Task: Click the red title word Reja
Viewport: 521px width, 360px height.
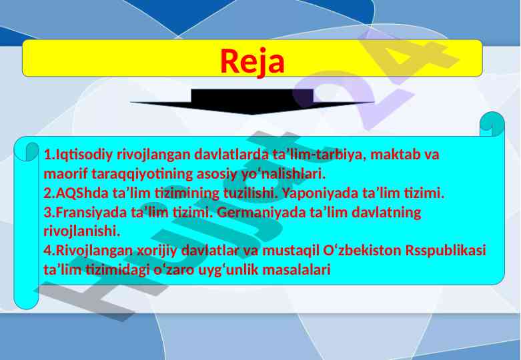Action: pyautogui.click(x=252, y=62)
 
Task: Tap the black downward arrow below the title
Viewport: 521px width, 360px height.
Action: pyautogui.click(x=252, y=102)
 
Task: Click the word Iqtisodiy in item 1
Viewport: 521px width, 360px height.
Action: pyautogui.click(x=84, y=155)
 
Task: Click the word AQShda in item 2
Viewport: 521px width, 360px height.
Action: pyautogui.click(x=82, y=193)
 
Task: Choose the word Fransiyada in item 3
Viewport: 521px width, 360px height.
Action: pyautogui.click(x=91, y=212)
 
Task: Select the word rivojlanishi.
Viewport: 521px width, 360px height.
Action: pyautogui.click(x=81, y=231)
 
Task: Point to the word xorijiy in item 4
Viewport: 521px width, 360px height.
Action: pyautogui.click(x=157, y=251)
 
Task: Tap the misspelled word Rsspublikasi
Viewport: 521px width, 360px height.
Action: pyautogui.click(x=446, y=250)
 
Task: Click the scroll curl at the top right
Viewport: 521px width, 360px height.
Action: pyautogui.click(x=492, y=124)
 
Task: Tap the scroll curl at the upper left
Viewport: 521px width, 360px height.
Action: pyautogui.click(x=27, y=152)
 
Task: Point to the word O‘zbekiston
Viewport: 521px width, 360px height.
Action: pyautogui.click(x=362, y=250)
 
